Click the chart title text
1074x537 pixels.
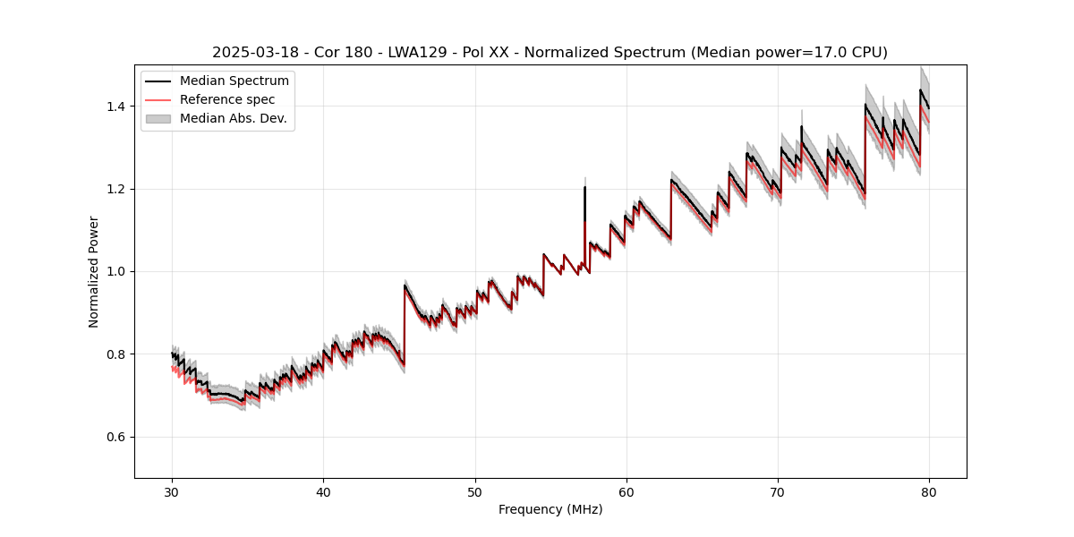(550, 53)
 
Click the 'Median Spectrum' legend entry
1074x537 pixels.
(234, 81)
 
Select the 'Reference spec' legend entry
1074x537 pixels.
(226, 99)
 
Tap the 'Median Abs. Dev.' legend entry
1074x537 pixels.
(233, 118)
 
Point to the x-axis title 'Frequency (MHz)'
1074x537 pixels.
(550, 509)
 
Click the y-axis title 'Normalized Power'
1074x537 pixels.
(94, 271)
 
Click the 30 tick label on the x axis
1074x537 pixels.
(172, 491)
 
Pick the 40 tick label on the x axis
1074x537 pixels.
(323, 491)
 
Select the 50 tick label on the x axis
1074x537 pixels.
(475, 491)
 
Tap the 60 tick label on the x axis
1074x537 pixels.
(626, 491)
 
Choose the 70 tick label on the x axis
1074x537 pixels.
(778, 491)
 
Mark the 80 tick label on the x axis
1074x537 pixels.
(929, 491)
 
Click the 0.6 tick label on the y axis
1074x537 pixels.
(117, 437)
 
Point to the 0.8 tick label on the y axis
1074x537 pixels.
(117, 354)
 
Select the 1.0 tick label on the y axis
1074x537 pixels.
(117, 271)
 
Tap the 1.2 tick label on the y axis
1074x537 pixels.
(117, 189)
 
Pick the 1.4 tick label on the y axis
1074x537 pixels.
(117, 107)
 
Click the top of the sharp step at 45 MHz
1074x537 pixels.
(405, 286)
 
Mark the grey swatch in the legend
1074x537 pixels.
(158, 118)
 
